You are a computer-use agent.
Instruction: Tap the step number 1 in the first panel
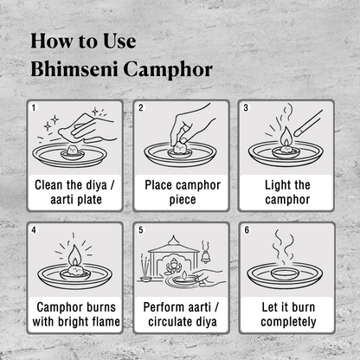(x=34, y=108)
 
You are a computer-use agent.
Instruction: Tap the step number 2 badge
(x=140, y=108)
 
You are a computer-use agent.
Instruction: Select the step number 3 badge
(x=246, y=108)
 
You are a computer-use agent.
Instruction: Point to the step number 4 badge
(x=34, y=231)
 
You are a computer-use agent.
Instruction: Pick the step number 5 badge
(x=140, y=231)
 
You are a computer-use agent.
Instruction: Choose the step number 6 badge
(x=246, y=231)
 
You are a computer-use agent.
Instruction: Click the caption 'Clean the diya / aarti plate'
(x=74, y=192)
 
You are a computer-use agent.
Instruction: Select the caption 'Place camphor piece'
(x=181, y=192)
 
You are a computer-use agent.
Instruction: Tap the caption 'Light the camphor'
(x=286, y=192)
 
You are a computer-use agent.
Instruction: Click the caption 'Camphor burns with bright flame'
(x=74, y=315)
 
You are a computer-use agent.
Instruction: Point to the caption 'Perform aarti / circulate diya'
(x=181, y=315)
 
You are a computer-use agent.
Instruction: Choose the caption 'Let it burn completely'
(x=286, y=315)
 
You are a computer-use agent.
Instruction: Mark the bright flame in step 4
(x=74, y=257)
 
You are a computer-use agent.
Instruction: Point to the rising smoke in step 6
(x=286, y=251)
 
